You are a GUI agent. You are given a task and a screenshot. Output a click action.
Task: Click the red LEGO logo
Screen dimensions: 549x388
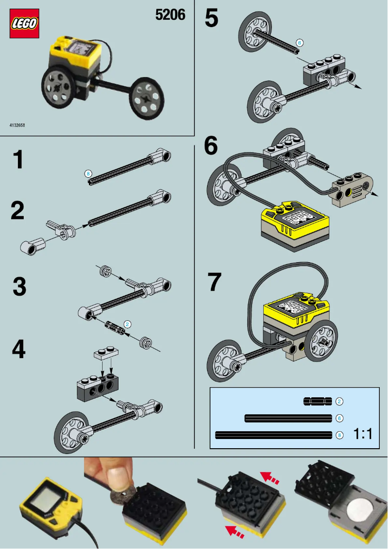click(24, 23)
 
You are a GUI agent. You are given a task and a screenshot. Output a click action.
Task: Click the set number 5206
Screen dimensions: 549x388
click(170, 15)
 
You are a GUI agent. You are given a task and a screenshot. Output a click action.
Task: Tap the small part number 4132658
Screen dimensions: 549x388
click(17, 125)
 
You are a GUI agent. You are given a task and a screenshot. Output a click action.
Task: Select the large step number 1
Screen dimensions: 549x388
click(18, 160)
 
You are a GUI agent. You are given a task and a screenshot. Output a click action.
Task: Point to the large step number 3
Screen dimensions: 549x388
click(19, 286)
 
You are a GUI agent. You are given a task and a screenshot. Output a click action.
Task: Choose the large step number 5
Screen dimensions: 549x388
click(211, 19)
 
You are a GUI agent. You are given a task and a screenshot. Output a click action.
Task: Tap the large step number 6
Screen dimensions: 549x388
click(211, 146)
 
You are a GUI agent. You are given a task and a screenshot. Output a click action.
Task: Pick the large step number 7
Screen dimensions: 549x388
click(214, 282)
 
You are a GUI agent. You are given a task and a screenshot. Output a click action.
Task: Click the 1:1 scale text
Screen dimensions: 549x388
click(363, 434)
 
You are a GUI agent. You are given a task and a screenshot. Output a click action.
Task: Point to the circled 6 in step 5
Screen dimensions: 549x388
click(299, 43)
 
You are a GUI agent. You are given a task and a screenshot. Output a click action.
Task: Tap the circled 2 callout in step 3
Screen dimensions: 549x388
click(127, 324)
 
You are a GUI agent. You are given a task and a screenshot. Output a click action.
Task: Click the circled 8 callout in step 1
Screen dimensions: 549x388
click(88, 173)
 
